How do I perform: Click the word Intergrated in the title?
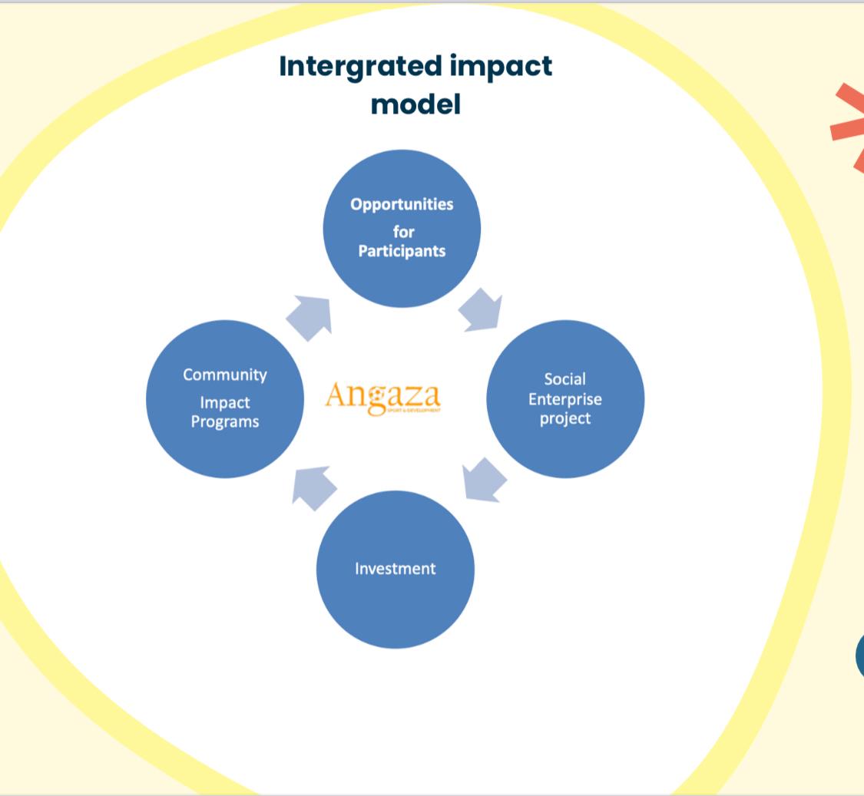pyautogui.click(x=361, y=66)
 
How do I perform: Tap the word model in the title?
pyautogui.click(x=415, y=103)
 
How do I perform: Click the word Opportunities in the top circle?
pyautogui.click(x=402, y=205)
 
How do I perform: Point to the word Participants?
pyautogui.click(x=402, y=251)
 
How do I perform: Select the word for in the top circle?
pyautogui.click(x=403, y=231)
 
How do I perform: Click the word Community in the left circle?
pyautogui.click(x=225, y=375)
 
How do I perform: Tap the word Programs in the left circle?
pyautogui.click(x=225, y=421)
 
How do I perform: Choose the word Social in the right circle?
pyautogui.click(x=564, y=379)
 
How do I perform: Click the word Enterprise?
pyautogui.click(x=564, y=399)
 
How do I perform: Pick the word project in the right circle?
pyautogui.click(x=564, y=418)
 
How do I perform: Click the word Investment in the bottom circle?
pyautogui.click(x=395, y=569)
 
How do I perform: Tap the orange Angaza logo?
pyautogui.click(x=383, y=397)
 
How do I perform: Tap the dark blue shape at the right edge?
pyautogui.click(x=859, y=657)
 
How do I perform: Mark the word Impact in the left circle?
pyautogui.click(x=225, y=403)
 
